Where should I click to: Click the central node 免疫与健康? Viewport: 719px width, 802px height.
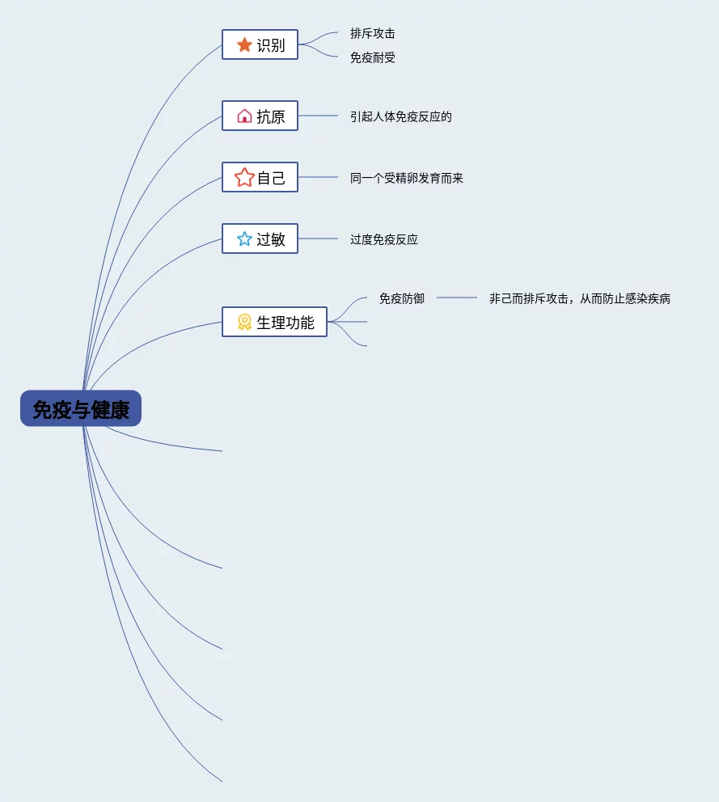81,408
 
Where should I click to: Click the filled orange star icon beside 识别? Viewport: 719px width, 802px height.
244,45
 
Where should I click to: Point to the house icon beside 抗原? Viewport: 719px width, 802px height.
244,116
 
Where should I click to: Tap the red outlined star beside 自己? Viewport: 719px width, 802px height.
244,178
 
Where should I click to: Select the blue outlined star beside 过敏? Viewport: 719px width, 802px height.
244,239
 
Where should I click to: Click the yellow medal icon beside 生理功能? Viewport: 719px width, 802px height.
244,323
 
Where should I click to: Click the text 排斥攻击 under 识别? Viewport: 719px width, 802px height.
373,34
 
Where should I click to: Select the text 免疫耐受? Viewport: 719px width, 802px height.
373,58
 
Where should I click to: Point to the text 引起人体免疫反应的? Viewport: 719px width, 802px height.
401,116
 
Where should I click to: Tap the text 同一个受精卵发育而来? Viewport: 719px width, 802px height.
407,178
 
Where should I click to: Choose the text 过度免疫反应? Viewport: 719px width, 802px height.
384,239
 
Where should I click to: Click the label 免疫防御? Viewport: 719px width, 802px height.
402,298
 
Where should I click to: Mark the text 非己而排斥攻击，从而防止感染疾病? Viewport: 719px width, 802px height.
580,298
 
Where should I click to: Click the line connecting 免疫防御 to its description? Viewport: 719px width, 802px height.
457,298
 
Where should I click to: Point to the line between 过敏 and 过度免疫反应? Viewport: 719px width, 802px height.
318,238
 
